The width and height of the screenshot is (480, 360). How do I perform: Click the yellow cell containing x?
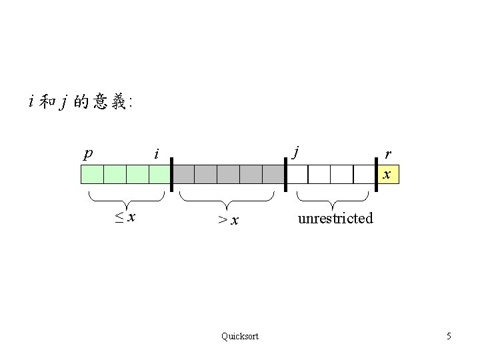[387, 175]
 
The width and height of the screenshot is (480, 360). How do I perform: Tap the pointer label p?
[87, 154]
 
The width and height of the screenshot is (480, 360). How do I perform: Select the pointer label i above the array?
[156, 155]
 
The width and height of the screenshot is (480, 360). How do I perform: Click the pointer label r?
[388, 154]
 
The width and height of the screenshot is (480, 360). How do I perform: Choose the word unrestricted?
[335, 218]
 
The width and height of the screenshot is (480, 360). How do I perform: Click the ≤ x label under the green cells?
[124, 217]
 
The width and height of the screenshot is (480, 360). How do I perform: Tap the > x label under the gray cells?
[228, 219]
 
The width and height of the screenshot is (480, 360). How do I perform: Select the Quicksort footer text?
[240, 336]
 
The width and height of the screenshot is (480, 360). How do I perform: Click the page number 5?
[449, 336]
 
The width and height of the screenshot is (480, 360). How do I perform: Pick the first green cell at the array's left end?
[92, 175]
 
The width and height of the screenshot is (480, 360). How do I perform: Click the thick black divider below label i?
[171, 174]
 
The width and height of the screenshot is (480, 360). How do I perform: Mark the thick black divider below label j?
[285, 174]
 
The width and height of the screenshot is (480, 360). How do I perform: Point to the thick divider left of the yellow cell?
[376, 174]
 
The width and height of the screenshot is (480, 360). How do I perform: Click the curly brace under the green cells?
[127, 199]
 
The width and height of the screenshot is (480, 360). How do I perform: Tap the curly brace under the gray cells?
[227, 199]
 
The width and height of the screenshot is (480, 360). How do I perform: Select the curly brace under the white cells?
[333, 199]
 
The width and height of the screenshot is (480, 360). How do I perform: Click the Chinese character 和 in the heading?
[47, 102]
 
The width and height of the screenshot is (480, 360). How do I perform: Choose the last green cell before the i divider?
[160, 175]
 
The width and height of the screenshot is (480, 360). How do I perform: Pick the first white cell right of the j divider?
[297, 175]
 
